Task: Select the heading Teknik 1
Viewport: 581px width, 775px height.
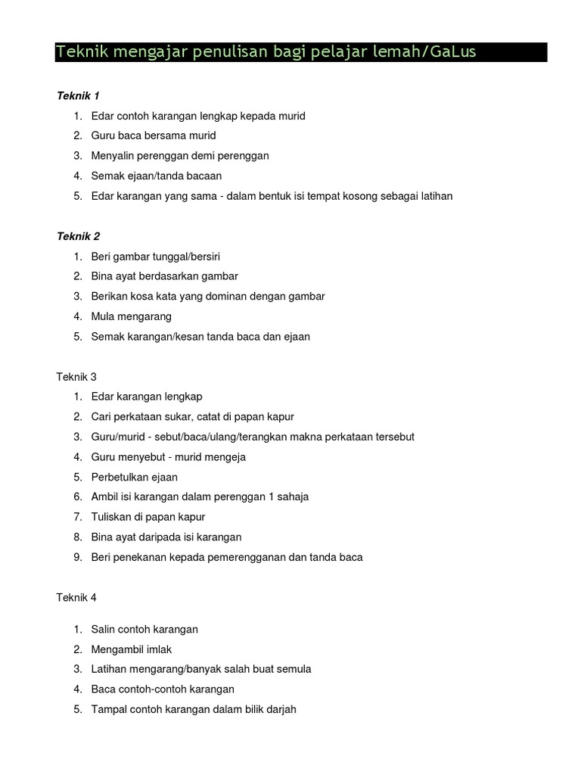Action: [x=78, y=95]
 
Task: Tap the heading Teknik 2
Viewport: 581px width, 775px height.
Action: [x=78, y=236]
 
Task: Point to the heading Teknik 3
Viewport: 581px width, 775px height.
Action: [x=76, y=376]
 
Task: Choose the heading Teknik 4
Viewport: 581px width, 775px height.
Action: [x=76, y=597]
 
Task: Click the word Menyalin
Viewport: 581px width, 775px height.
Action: [x=113, y=155]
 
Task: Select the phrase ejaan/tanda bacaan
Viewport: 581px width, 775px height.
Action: [x=175, y=176]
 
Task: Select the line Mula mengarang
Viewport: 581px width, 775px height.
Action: [x=131, y=316]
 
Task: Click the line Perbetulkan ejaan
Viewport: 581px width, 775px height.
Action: [x=134, y=477]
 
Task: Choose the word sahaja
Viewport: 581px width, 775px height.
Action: [x=291, y=496]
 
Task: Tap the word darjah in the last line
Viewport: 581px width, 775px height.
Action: [x=281, y=709]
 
